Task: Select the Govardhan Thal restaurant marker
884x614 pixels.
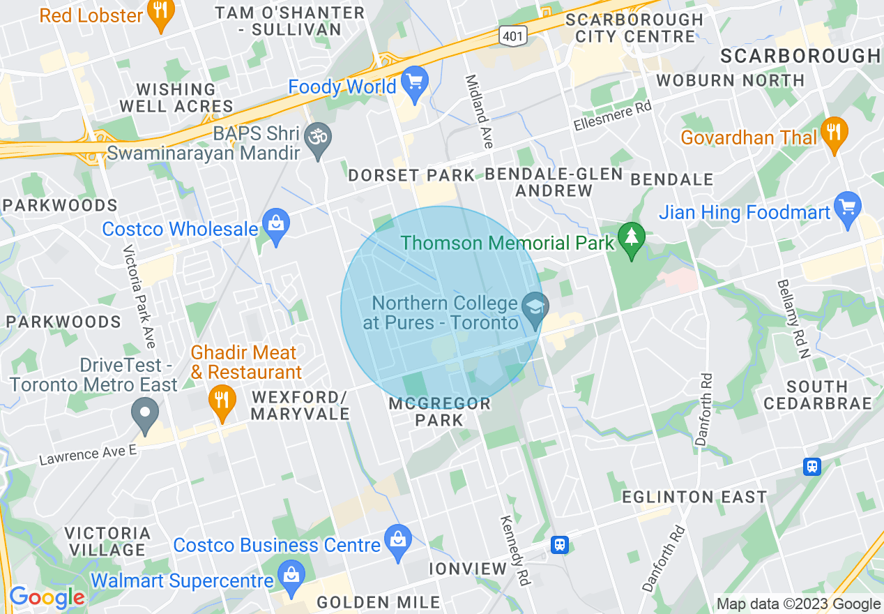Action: [834, 135]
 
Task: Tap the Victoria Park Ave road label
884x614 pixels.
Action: [139, 297]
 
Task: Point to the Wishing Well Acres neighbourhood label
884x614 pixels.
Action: [176, 98]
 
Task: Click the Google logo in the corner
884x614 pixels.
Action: [47, 597]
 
